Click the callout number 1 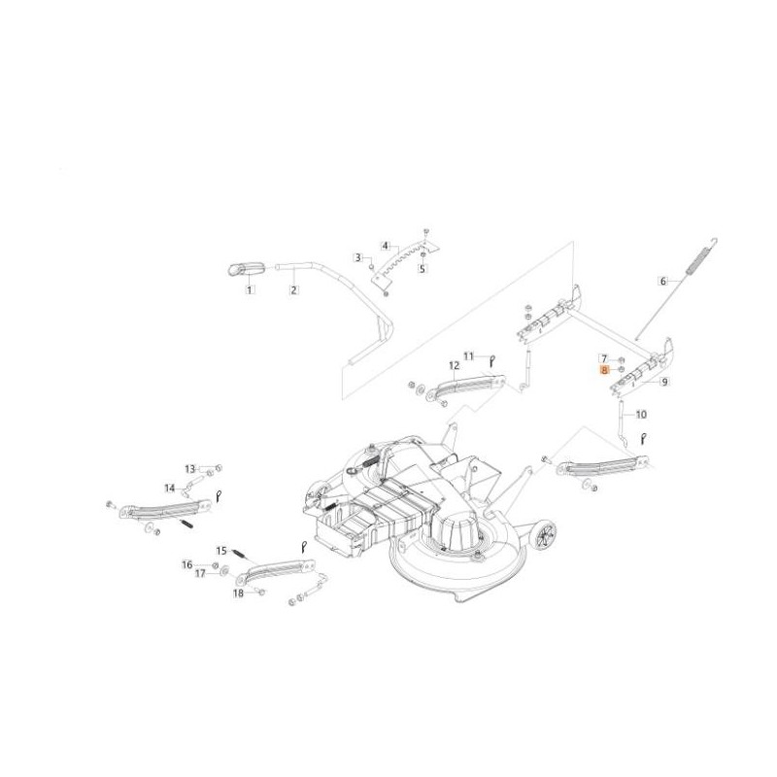click(x=250, y=289)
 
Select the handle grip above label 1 click(x=247, y=270)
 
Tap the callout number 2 click(x=294, y=289)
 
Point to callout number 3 click(x=358, y=257)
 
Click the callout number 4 click(x=386, y=246)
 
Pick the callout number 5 click(x=422, y=269)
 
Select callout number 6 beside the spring click(x=663, y=282)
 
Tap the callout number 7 click(x=604, y=358)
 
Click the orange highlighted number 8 click(x=604, y=370)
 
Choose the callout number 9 click(x=664, y=381)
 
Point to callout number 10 click(x=641, y=415)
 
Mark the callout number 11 click(x=469, y=355)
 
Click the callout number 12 click(x=455, y=366)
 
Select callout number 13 click(x=190, y=469)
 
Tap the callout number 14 click(x=170, y=489)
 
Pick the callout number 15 click(x=221, y=551)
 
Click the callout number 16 click(x=186, y=565)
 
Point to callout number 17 click(x=200, y=574)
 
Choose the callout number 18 click(x=238, y=593)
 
